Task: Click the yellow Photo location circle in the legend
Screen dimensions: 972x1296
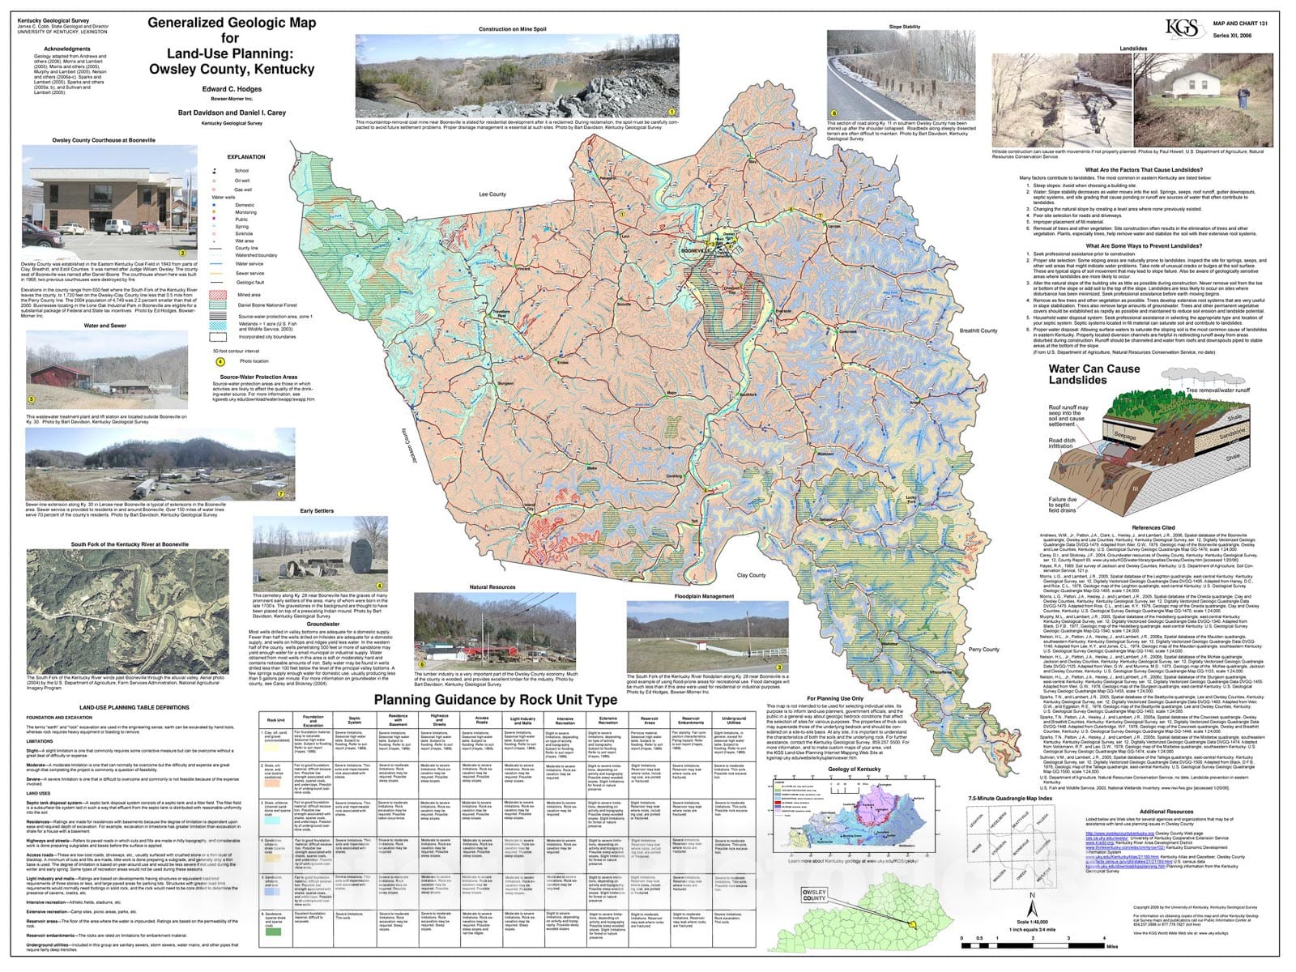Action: click(220, 361)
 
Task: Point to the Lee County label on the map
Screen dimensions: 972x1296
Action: click(492, 194)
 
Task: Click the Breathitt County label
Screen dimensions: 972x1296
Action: click(978, 330)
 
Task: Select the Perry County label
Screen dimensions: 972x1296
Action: click(983, 649)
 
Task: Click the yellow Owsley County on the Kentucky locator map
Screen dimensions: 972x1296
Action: click(912, 923)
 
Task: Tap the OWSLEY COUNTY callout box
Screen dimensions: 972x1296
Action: click(814, 894)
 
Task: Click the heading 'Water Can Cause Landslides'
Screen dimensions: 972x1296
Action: click(1093, 374)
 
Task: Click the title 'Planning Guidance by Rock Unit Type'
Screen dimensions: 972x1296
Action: click(495, 700)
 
